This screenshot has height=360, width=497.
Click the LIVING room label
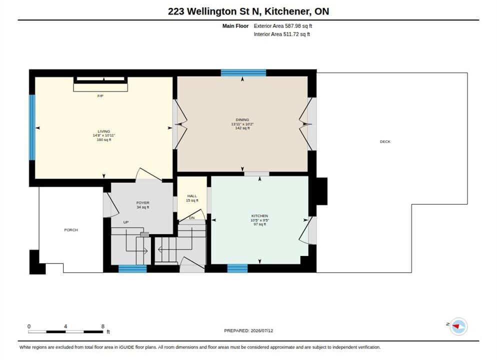tap(104, 131)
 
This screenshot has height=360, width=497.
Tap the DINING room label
tap(242, 120)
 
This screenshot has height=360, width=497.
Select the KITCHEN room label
tap(259, 216)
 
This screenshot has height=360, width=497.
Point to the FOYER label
tap(143, 203)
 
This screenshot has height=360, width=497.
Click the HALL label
tap(192, 196)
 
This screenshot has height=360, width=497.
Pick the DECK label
tap(385, 141)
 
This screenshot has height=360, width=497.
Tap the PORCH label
tap(71, 230)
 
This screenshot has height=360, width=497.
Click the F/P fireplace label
tap(100, 95)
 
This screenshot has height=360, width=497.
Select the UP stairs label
tap(126, 222)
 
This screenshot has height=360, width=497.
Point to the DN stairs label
tap(192, 218)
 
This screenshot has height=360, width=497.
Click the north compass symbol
tap(458, 326)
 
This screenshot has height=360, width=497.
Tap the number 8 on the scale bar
tap(102, 326)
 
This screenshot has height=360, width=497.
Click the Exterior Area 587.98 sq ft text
tap(282, 26)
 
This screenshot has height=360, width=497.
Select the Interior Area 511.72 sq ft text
tap(282, 34)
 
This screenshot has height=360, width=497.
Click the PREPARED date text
tap(248, 330)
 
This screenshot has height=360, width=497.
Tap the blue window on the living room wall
tap(32, 127)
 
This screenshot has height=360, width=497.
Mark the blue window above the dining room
tap(243, 73)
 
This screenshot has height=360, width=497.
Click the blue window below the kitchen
tap(237, 268)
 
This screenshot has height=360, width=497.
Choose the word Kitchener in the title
tap(287, 11)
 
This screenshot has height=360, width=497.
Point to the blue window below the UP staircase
tap(132, 268)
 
